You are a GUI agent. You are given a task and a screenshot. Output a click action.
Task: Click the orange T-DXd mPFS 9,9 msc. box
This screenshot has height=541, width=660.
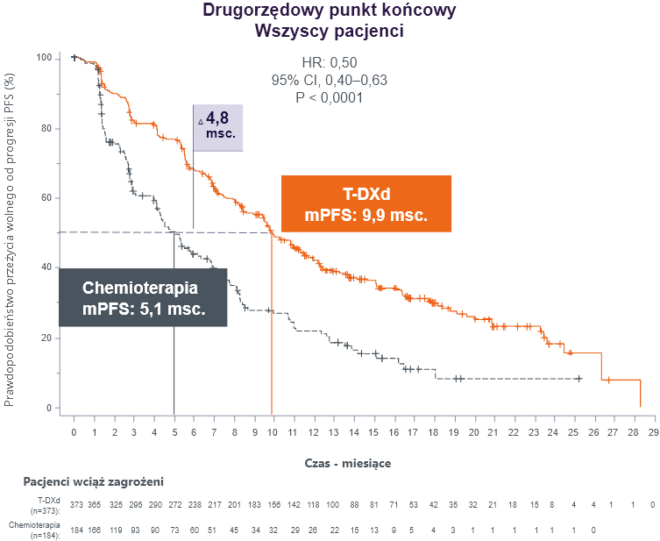(365, 203)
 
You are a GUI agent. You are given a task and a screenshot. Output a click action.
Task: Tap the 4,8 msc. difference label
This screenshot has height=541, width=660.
(218, 127)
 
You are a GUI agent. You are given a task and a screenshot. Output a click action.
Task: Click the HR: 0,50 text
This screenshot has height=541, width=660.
(329, 62)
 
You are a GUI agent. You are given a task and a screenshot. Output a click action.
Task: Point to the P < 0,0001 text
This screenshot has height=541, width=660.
(330, 96)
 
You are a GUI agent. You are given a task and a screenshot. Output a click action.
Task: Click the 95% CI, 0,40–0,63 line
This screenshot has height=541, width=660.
(330, 80)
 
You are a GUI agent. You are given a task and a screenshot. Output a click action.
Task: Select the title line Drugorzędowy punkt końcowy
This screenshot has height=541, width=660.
(329, 11)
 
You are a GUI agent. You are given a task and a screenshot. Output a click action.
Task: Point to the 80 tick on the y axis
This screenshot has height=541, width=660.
(44, 128)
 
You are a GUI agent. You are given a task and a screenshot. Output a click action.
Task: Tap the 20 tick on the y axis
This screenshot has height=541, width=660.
(44, 338)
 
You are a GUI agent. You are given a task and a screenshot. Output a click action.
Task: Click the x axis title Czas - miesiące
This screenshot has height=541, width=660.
(348, 462)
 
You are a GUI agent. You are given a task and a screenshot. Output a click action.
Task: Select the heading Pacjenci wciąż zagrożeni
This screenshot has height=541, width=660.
(93, 481)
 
